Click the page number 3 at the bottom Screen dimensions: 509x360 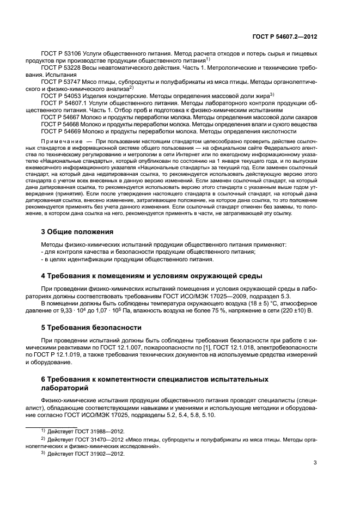(315, 463)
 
